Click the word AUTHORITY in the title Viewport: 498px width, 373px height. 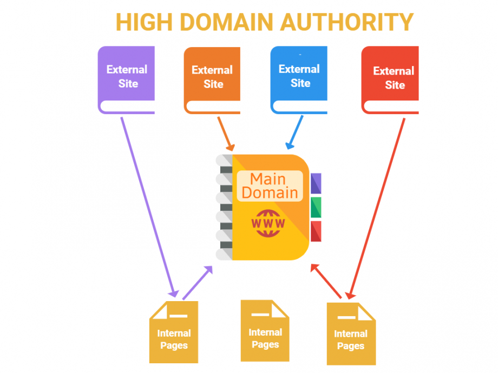click(347, 22)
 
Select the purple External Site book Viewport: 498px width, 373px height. click(127, 79)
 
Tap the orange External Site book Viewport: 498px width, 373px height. click(212, 80)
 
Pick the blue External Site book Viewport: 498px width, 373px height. click(299, 79)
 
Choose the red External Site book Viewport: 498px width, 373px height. click(390, 79)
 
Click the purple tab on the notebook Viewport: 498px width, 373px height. click(316, 183)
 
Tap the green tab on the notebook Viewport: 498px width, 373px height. click(316, 207)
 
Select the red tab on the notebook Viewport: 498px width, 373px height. click(316, 231)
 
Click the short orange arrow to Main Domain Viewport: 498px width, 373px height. click(226, 134)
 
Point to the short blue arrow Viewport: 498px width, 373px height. click(294, 133)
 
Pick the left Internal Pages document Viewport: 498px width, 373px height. click(174, 332)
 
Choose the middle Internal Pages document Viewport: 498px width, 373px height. click(265, 331)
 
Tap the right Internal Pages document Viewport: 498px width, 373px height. click(351, 334)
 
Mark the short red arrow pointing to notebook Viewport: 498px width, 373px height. click(326, 281)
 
